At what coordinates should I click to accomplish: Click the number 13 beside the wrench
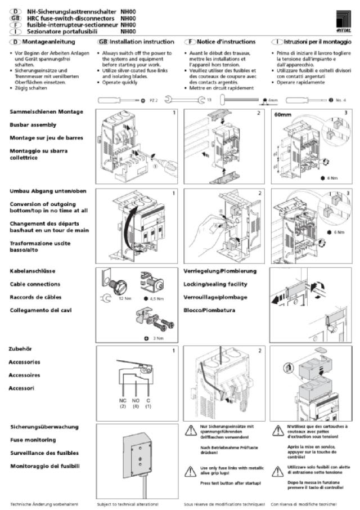click(x=209, y=100)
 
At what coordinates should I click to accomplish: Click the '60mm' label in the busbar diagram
click(x=283, y=114)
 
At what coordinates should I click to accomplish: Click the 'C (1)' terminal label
click(x=148, y=402)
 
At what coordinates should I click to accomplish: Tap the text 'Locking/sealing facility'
click(x=215, y=284)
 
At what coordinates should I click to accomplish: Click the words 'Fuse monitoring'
click(x=35, y=440)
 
